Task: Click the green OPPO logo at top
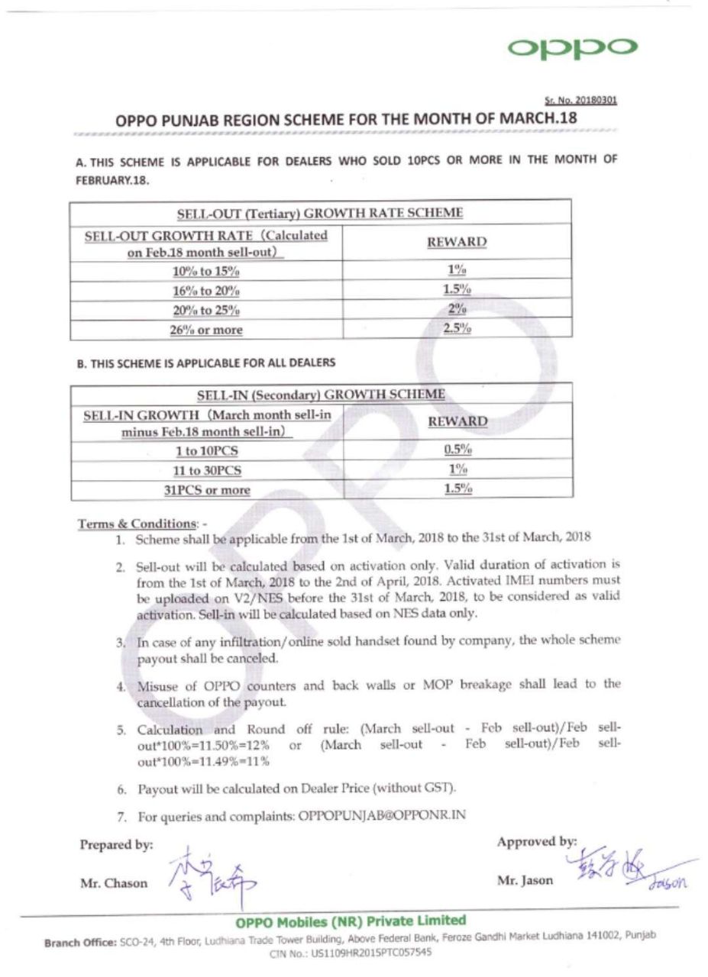coord(572,47)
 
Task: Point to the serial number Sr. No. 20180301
coord(580,100)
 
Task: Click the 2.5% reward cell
coord(457,329)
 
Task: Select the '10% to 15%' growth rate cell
coord(205,271)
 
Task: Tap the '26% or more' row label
coord(205,330)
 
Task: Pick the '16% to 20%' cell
coord(205,291)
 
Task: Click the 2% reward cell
coord(457,309)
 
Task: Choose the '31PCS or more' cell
coord(207,489)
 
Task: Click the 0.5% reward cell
coord(457,450)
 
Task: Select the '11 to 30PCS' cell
coord(206,470)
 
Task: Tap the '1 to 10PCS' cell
coord(206,450)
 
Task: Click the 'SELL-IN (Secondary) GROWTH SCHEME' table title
coord(321,395)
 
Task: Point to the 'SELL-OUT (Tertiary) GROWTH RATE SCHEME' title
coord(320,212)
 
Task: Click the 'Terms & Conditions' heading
coord(137,524)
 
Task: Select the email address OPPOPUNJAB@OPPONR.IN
coord(381,815)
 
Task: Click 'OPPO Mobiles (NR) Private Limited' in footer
coord(351,921)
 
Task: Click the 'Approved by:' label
coord(537,842)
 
